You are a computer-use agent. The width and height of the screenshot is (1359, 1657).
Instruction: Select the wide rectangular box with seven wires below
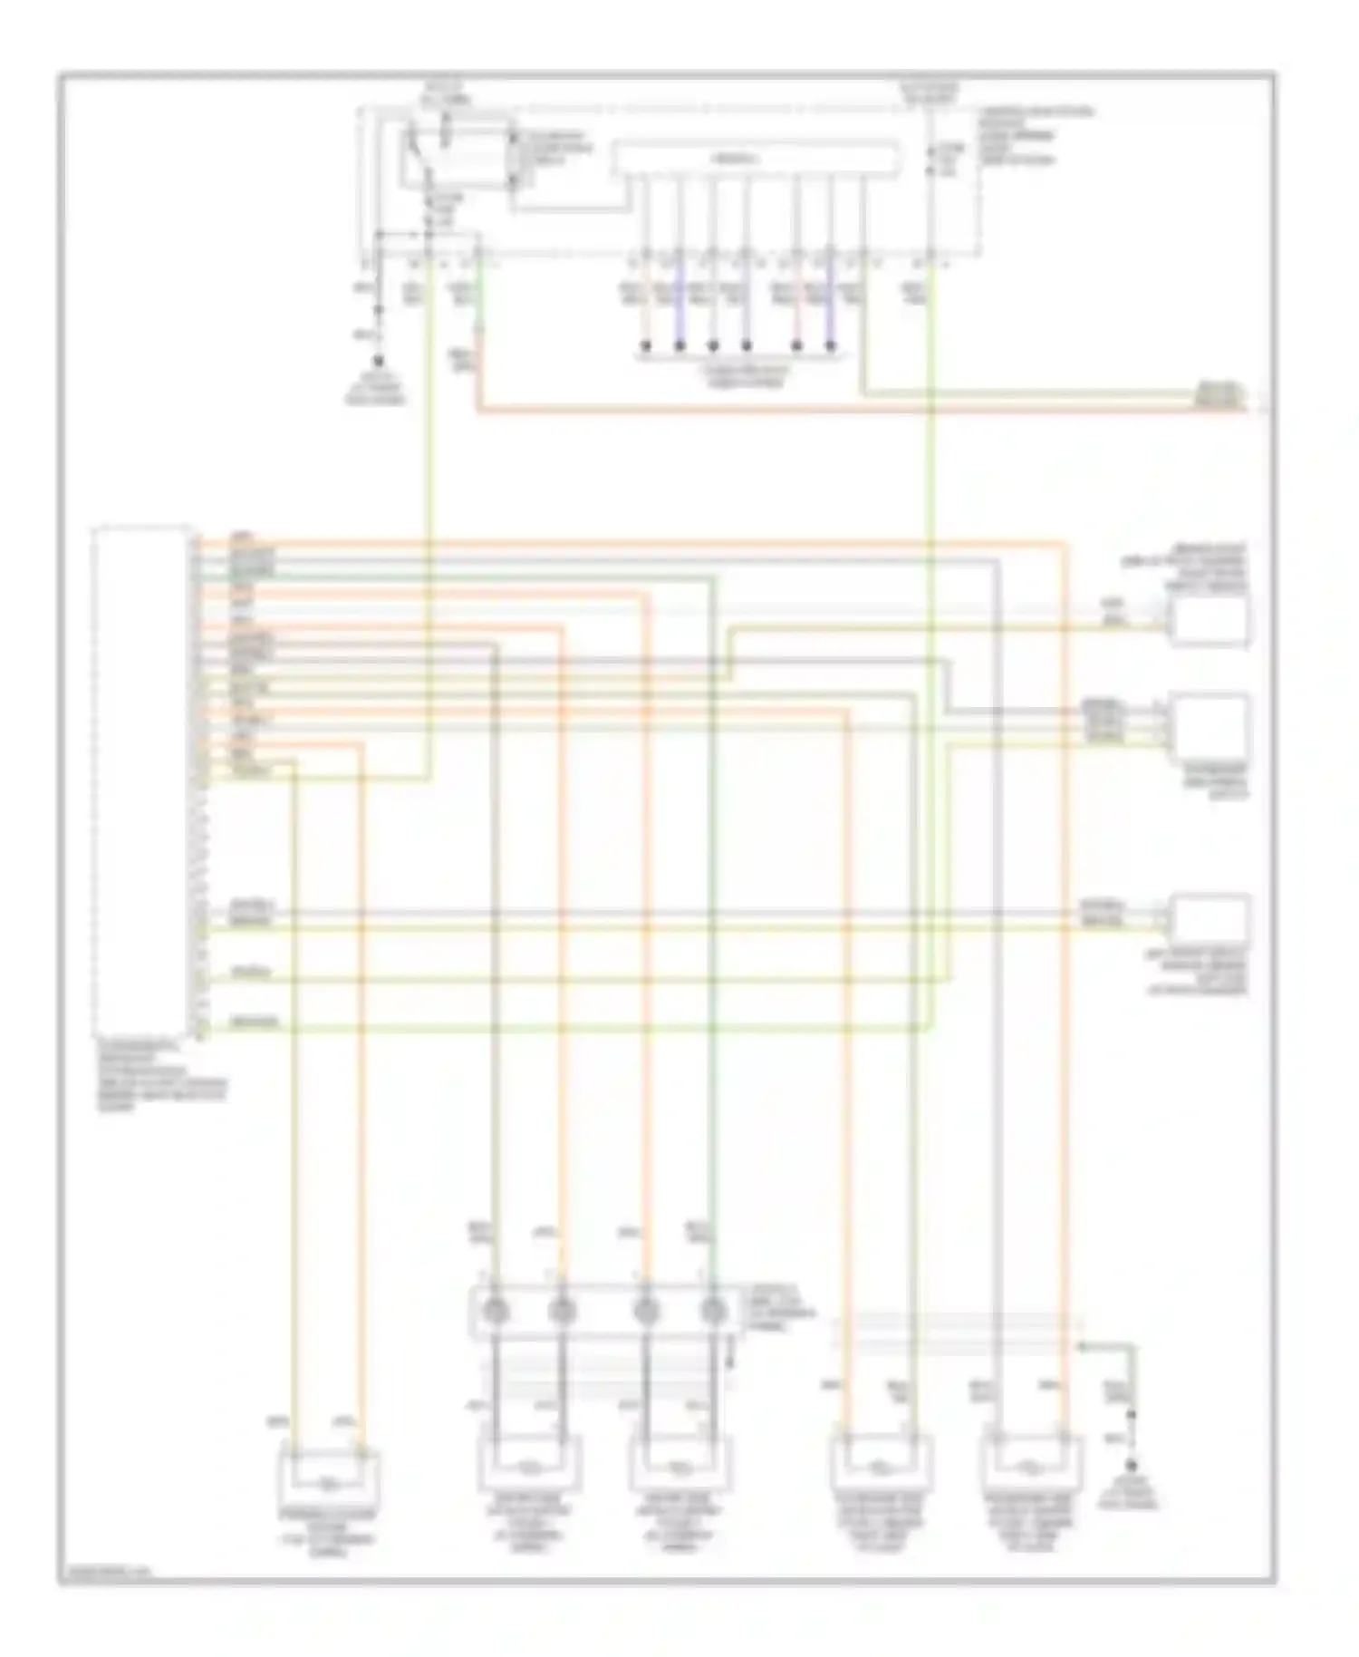(757, 159)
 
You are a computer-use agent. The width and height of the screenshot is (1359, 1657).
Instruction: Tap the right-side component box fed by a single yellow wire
(1209, 620)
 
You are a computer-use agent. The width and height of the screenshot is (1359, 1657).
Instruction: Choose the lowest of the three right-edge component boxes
(1209, 919)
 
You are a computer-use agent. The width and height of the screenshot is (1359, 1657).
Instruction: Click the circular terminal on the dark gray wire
(494, 1311)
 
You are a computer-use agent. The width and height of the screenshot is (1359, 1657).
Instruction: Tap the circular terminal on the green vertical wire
(714, 1311)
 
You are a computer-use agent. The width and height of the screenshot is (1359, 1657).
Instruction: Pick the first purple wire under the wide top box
(679, 299)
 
